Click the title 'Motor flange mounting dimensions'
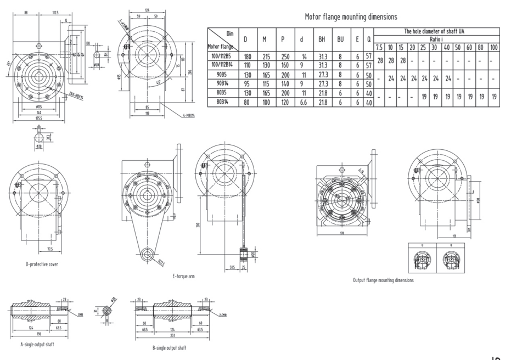click(x=351, y=17)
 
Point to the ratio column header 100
click(x=493, y=48)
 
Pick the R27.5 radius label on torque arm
click(x=163, y=262)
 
